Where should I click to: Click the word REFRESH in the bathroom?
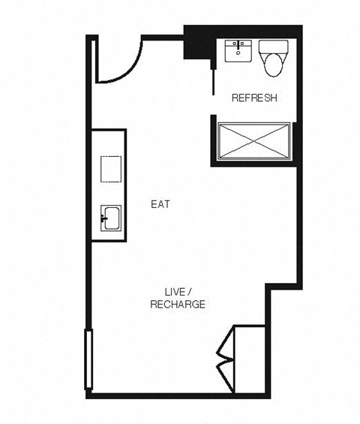tap(255, 98)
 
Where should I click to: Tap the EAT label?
tap(159, 203)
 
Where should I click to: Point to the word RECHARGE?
tap(178, 305)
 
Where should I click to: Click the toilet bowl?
tap(271, 66)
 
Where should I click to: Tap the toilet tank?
tap(271, 47)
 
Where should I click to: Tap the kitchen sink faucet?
tap(103, 220)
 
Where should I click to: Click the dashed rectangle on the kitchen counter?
tap(112, 168)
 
